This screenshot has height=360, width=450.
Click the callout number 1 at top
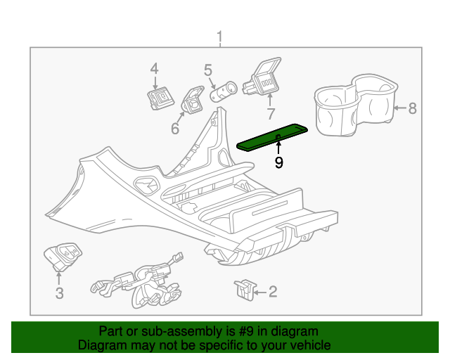[x=219, y=36]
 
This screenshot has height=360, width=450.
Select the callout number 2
[x=273, y=291]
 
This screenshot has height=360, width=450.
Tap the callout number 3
[x=59, y=293]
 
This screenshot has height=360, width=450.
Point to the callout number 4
[x=154, y=68]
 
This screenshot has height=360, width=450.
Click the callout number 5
[x=208, y=70]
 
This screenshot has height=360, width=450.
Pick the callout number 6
[x=175, y=128]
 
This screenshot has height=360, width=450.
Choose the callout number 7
[x=270, y=114]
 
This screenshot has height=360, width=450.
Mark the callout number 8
[x=413, y=108]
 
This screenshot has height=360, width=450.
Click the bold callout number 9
[x=279, y=163]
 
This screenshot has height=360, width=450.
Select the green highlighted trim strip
[x=274, y=136]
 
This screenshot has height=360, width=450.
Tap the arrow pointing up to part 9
[x=279, y=147]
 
